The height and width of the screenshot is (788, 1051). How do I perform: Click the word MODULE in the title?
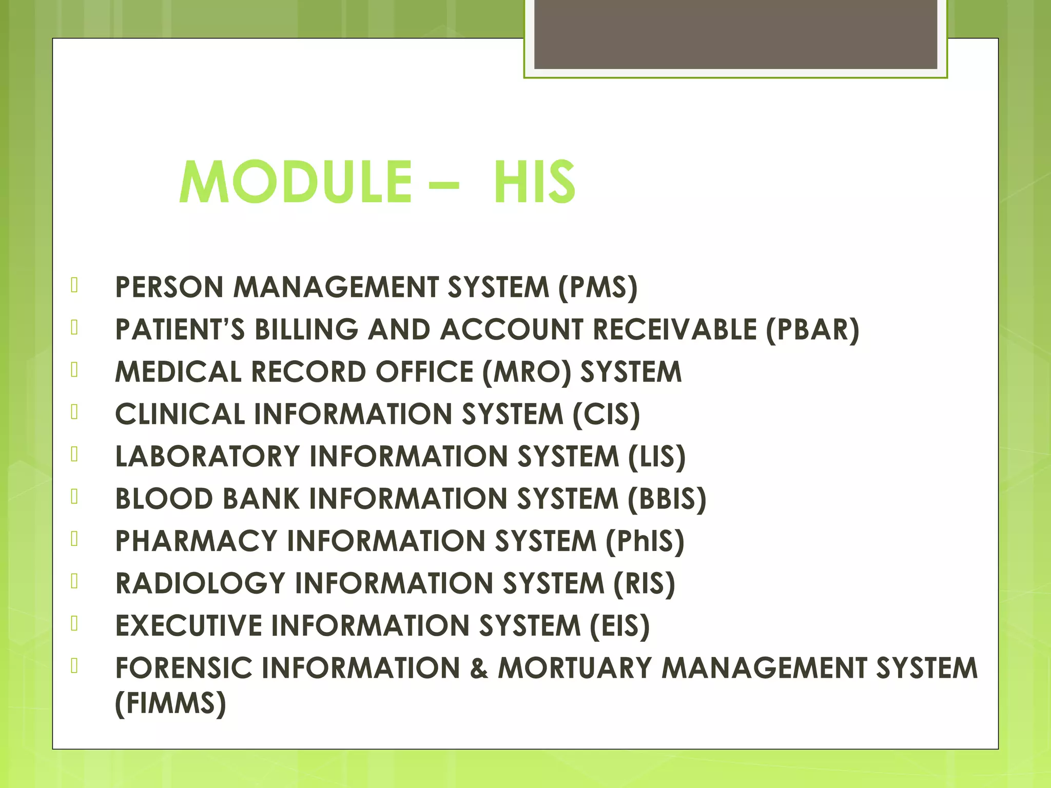click(x=295, y=182)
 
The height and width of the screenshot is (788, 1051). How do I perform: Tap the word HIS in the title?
click(x=534, y=182)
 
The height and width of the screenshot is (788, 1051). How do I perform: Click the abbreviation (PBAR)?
click(x=812, y=330)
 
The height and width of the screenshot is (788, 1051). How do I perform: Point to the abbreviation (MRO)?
click(x=527, y=372)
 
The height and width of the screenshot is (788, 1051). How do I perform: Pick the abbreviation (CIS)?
click(x=606, y=415)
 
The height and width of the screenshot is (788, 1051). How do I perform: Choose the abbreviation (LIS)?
click(x=657, y=457)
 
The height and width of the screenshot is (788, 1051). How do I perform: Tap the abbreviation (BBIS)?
click(x=667, y=499)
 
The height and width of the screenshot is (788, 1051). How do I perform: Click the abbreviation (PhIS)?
click(x=645, y=542)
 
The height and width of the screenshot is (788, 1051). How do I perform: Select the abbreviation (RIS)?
click(x=644, y=584)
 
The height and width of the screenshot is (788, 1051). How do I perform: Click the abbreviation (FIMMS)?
click(x=170, y=703)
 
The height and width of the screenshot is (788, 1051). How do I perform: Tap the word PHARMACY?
click(x=196, y=541)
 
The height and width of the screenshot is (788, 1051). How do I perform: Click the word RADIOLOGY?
click(x=200, y=584)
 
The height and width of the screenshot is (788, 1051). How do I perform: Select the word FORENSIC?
click(x=184, y=668)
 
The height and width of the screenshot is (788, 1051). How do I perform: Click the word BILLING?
click(x=306, y=330)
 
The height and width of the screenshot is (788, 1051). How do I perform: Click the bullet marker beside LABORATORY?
click(x=75, y=454)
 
